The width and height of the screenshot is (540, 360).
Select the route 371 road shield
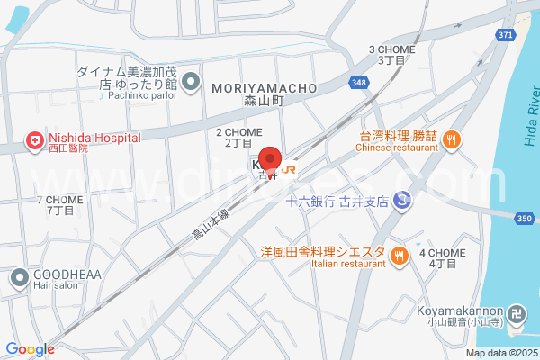[x=506, y=33]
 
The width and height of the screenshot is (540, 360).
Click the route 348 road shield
[x=359, y=83]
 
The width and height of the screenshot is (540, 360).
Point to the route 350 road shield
[x=526, y=218]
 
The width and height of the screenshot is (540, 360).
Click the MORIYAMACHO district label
[x=264, y=88]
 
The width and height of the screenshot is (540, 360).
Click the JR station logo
[x=289, y=167]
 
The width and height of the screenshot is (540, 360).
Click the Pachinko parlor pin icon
[x=191, y=84]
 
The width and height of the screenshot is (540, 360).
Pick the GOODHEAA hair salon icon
[x=18, y=278]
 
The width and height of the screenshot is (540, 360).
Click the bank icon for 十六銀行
[x=404, y=202]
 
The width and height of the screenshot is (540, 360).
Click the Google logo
[x=30, y=349]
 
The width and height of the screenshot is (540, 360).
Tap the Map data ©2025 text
[x=500, y=353]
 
